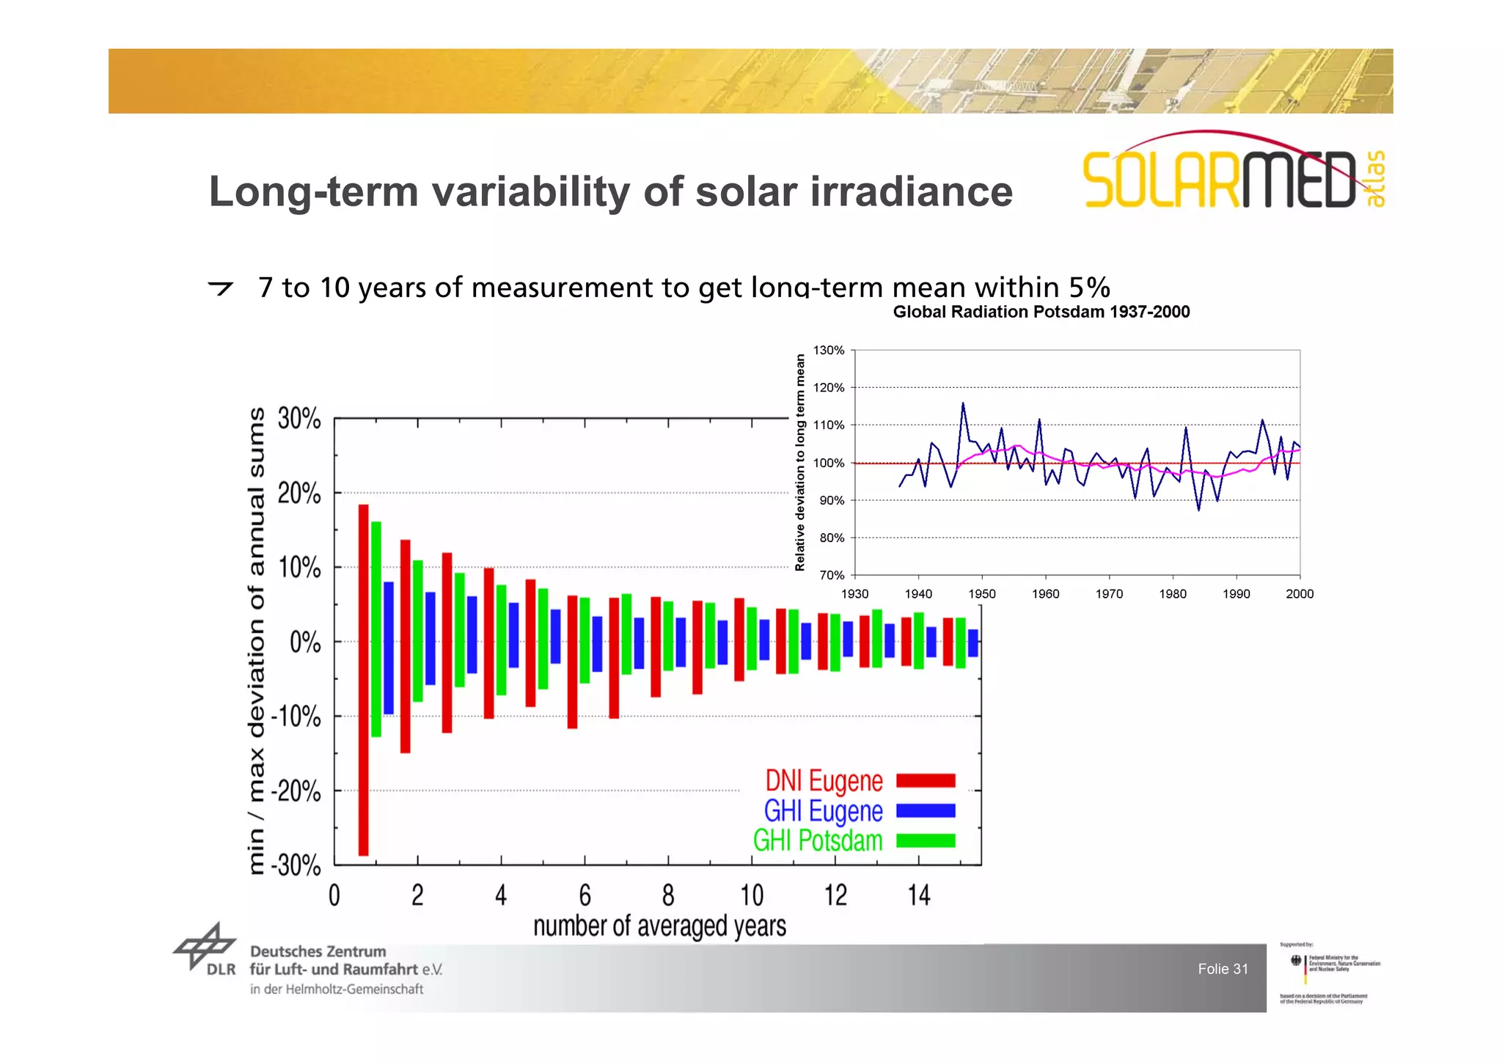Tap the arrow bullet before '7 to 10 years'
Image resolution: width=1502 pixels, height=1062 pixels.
pos(220,288)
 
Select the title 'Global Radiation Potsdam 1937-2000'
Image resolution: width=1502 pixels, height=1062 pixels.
pos(1041,312)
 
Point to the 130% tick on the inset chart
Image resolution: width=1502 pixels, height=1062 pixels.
pos(829,351)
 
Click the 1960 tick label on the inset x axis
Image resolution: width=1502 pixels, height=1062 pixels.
pos(1045,594)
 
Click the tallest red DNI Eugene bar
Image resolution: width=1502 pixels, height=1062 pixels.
pos(363,680)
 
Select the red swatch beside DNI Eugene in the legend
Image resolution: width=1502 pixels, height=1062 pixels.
pos(926,780)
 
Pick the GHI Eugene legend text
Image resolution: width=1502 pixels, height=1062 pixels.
pos(823,811)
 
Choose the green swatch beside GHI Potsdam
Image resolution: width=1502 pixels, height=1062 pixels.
pos(926,841)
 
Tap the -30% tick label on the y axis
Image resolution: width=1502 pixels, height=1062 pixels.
pos(296,866)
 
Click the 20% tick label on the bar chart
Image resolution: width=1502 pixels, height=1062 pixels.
pos(299,494)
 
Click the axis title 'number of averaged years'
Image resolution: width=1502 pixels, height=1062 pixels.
pos(659,926)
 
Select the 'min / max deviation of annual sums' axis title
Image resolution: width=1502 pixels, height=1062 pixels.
pos(256,642)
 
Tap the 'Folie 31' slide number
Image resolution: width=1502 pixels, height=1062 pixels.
pos(1223,969)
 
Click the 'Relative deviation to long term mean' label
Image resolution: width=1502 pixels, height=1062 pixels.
pos(800,462)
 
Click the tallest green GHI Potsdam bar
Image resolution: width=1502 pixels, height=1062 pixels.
pos(376,629)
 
